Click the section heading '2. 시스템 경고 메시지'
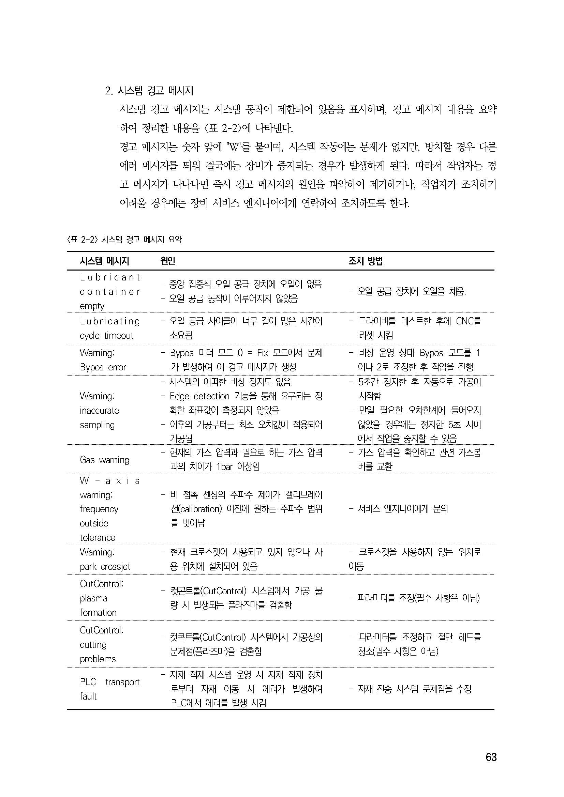[149, 91]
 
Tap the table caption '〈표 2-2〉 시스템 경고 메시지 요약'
[124, 240]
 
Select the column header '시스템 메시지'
[105, 261]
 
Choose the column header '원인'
[167, 261]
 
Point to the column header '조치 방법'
[365, 261]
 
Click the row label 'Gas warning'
[105, 460]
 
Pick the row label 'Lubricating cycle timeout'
[110, 328]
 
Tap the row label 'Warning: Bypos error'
[103, 360]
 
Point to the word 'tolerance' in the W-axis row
[97, 538]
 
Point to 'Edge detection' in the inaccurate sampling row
[199, 396]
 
